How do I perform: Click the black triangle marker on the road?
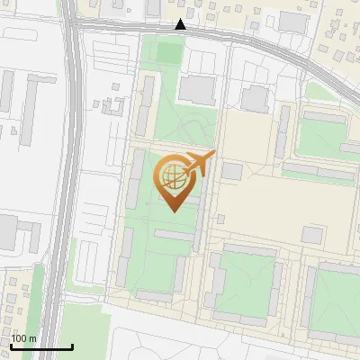tap(181, 24)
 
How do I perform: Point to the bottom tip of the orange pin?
tap(173, 211)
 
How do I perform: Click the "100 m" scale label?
tap(24, 338)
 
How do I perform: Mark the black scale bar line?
tap(41, 346)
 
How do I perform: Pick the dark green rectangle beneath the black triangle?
tap(168, 52)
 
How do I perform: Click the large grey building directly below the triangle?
tap(197, 89)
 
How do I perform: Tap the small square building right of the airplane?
tap(232, 170)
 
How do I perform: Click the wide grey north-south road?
tap(71, 180)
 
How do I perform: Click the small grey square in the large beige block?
tap(311, 235)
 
